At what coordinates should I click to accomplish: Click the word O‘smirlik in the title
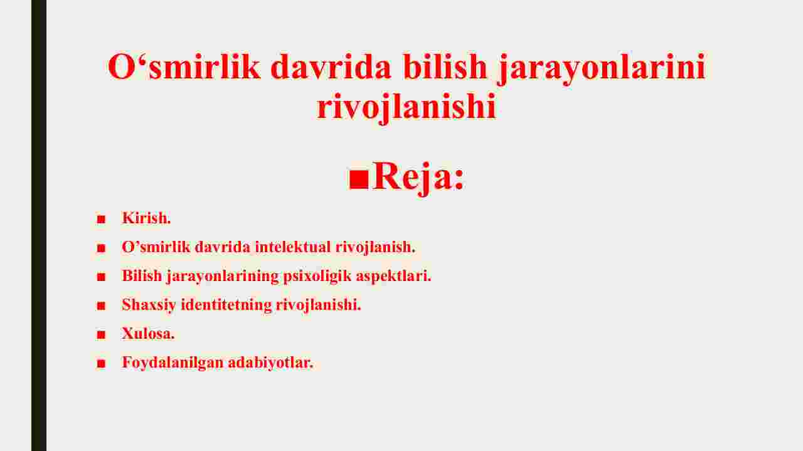[x=184, y=66]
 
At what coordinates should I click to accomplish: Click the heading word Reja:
[x=418, y=178]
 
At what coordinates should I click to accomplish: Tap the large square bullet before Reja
[x=359, y=179]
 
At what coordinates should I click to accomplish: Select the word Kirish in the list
[x=146, y=218]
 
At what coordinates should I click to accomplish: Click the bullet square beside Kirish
[x=101, y=219]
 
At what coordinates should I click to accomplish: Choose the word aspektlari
[x=393, y=277]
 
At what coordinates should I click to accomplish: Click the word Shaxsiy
[x=149, y=305]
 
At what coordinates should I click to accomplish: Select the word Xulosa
[x=148, y=334]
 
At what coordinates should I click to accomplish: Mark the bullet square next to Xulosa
[x=101, y=334]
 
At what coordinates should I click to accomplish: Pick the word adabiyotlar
[x=270, y=363]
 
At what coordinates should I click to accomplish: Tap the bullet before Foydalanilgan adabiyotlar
[x=101, y=364]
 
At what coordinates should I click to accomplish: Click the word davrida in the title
[x=331, y=66]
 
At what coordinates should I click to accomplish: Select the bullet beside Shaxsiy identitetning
[x=101, y=306]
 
